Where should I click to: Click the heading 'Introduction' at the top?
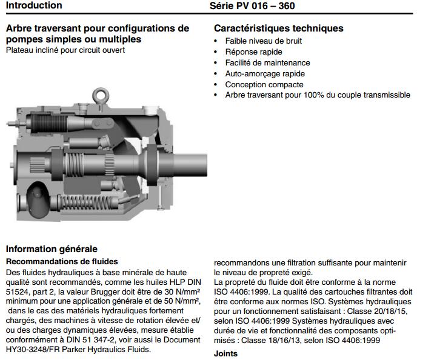pos(34,5)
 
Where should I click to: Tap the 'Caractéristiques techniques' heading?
pos(279,28)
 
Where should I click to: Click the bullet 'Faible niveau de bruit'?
pos(263,41)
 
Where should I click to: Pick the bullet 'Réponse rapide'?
pos(253,52)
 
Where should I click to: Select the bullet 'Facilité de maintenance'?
pos(267,63)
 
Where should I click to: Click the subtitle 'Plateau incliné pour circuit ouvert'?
pos(65,50)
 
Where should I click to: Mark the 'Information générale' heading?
pos(52,249)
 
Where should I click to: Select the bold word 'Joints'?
pos(226,354)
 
